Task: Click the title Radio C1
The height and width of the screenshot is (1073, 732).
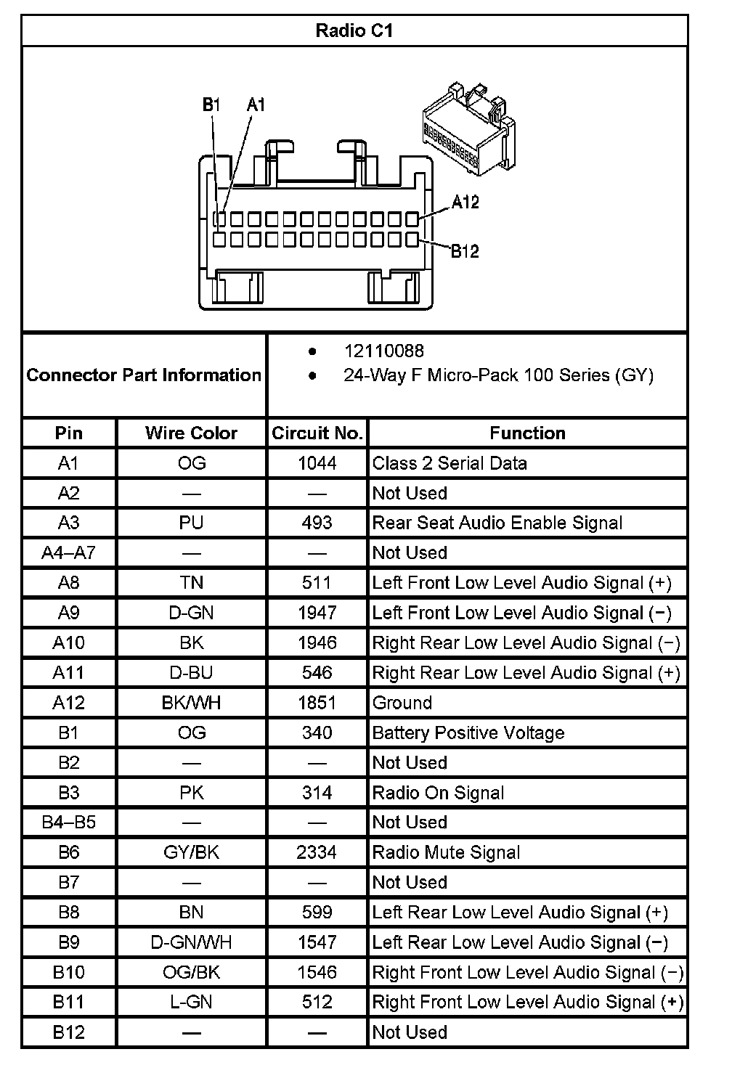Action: [354, 30]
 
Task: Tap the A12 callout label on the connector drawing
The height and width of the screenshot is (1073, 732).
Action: [465, 202]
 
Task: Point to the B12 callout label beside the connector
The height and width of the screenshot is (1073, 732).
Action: [465, 251]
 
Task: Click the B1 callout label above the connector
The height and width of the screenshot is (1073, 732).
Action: [211, 105]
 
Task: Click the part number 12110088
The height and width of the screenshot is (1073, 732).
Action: [383, 351]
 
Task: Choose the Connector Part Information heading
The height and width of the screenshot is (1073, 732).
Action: [144, 375]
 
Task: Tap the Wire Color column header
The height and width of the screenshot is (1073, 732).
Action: [191, 433]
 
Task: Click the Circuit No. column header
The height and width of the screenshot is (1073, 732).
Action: [317, 433]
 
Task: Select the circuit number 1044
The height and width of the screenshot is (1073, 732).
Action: [317, 463]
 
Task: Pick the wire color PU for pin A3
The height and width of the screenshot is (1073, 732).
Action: [191, 523]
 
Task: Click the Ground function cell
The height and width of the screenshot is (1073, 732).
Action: [402, 703]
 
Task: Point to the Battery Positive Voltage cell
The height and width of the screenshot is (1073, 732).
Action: [468, 733]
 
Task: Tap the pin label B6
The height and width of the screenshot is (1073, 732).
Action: [68, 852]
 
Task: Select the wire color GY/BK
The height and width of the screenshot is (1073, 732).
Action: [191, 852]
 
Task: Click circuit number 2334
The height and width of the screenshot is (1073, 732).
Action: [317, 852]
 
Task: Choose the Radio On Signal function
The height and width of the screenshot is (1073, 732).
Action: [438, 793]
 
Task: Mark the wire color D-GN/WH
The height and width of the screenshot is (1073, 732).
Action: [191, 942]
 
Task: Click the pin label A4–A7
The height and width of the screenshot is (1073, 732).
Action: [68, 553]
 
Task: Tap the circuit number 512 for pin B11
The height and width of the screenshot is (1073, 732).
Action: [317, 1002]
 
